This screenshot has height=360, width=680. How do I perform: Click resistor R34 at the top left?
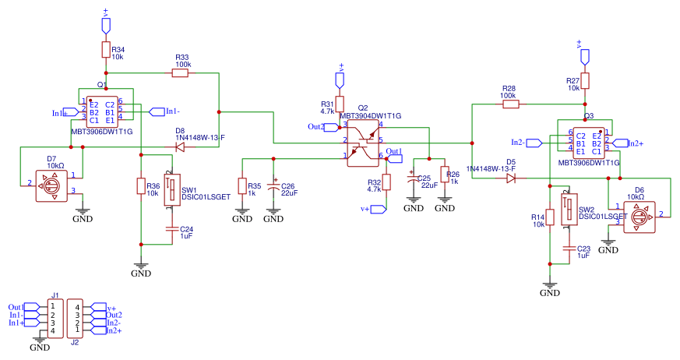106,51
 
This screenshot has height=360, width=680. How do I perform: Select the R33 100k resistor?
181,73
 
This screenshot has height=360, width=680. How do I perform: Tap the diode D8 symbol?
180,146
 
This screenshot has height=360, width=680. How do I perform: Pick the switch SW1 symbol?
172,191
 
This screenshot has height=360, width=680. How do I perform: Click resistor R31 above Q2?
340,105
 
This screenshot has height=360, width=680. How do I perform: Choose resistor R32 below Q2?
387,185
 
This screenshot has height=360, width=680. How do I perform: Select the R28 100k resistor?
510,103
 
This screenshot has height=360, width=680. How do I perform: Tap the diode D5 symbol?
511,178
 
